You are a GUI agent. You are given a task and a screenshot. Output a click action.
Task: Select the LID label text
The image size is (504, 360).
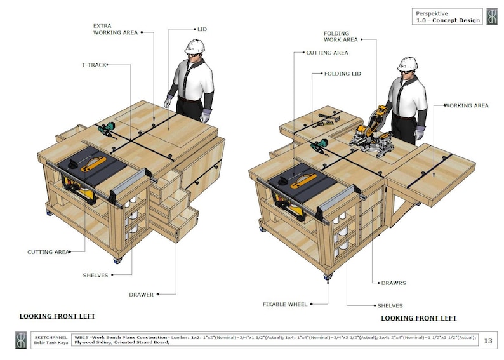pyautogui.click(x=202, y=29)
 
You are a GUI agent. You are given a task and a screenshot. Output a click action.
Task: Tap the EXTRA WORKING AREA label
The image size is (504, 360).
pyautogui.click(x=115, y=29)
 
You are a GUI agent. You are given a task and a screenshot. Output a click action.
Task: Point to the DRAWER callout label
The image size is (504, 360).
pyautogui.click(x=142, y=294)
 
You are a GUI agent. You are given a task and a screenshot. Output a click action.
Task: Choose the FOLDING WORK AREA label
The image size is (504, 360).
pyautogui.click(x=341, y=36)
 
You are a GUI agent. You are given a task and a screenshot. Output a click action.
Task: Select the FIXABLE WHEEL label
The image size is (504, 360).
pyautogui.click(x=285, y=304)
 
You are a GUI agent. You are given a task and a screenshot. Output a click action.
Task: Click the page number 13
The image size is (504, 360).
pyautogui.click(x=488, y=341)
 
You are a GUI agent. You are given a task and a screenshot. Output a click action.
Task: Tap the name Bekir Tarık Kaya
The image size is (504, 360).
pyautogui.click(x=50, y=343)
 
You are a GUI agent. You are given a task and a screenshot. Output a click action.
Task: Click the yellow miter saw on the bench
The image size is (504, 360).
pyautogui.click(x=370, y=133)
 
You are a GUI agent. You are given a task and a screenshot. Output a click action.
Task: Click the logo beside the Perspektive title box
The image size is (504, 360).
pyautogui.click(x=492, y=17)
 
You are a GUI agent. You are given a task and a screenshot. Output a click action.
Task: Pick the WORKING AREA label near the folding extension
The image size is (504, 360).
pyautogui.click(x=468, y=105)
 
